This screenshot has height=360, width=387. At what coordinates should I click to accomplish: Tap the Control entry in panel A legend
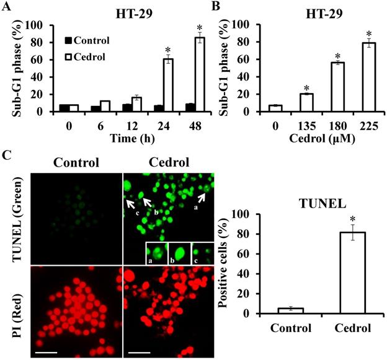tap(86, 40)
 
